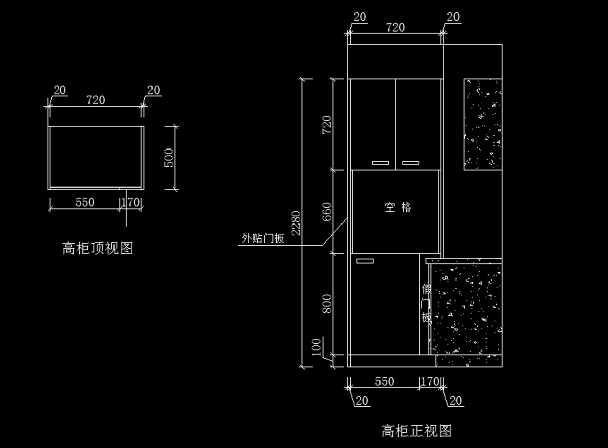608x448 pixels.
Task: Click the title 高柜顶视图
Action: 97,248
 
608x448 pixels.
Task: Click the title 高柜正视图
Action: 416,431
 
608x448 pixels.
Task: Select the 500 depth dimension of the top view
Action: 169,158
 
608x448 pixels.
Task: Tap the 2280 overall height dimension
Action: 296,223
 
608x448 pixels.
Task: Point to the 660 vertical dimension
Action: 327,211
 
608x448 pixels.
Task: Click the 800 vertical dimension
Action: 327,304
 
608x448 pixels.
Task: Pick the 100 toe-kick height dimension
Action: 316,347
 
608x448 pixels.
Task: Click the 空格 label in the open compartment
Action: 398,207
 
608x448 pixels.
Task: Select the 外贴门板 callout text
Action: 263,238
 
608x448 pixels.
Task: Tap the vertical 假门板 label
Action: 426,303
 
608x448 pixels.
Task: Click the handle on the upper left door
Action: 381,163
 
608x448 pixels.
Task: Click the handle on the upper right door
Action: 410,163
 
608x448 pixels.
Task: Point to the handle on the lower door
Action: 365,261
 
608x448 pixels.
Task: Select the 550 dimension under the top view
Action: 85,202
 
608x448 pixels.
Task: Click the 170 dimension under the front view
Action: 430,381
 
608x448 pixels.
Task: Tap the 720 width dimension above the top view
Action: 96,100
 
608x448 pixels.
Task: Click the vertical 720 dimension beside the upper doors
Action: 327,125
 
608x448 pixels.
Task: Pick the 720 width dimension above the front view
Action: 396,27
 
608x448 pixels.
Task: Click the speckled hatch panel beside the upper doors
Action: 482,124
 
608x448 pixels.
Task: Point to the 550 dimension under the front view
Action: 385,381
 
